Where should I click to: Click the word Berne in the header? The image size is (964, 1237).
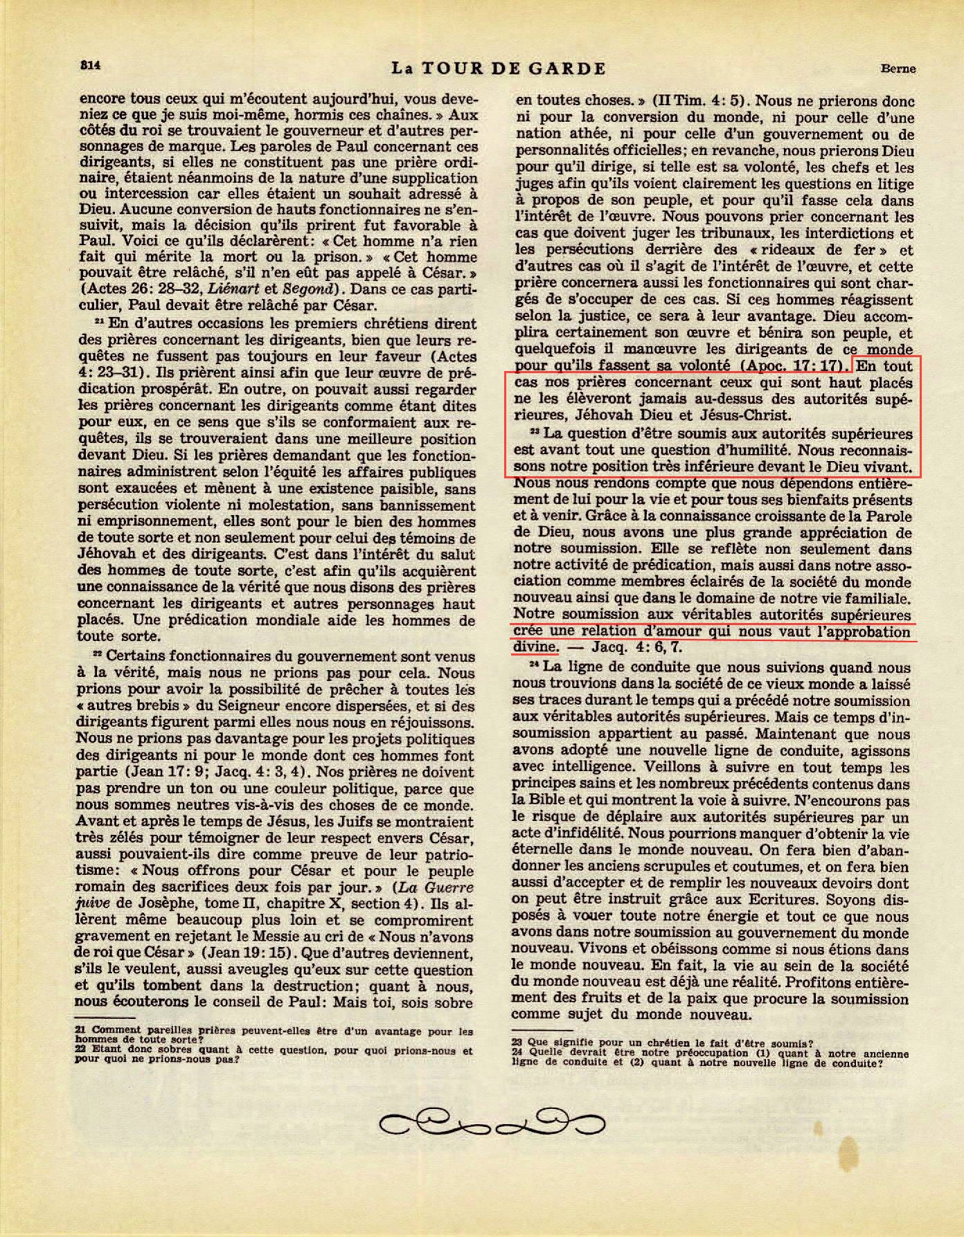point(898,69)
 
